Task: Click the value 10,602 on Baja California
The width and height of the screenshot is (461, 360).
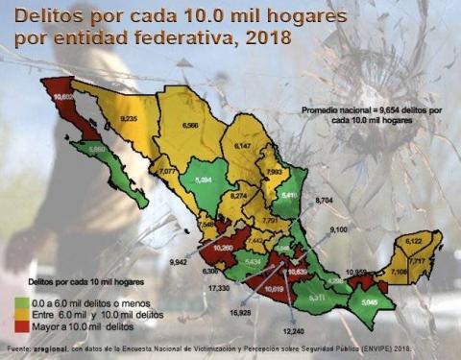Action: click(x=64, y=98)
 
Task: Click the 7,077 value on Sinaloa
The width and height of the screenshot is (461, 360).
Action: click(x=167, y=171)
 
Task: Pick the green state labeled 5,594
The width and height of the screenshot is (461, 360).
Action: click(x=203, y=180)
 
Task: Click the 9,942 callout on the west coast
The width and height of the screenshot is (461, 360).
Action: click(x=180, y=260)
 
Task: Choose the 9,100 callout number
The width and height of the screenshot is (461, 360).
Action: click(x=339, y=229)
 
